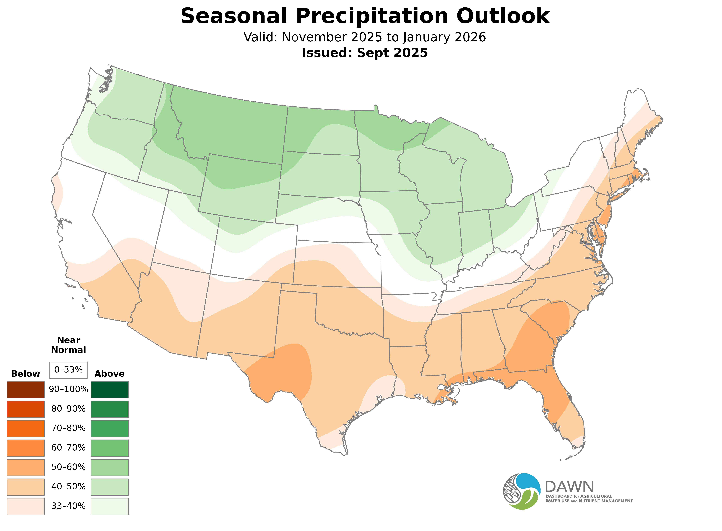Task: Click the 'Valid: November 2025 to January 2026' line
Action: pyautogui.click(x=365, y=37)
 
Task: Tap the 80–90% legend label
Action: pyautogui.click(x=68, y=409)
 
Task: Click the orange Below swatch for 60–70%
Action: pyautogui.click(x=26, y=448)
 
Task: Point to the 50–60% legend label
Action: pyautogui.click(x=68, y=467)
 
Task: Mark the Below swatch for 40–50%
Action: pyautogui.click(x=26, y=487)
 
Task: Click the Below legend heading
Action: pyautogui.click(x=26, y=374)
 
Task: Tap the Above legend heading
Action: pyautogui.click(x=110, y=374)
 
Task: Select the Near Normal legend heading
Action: pyautogui.click(x=68, y=345)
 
